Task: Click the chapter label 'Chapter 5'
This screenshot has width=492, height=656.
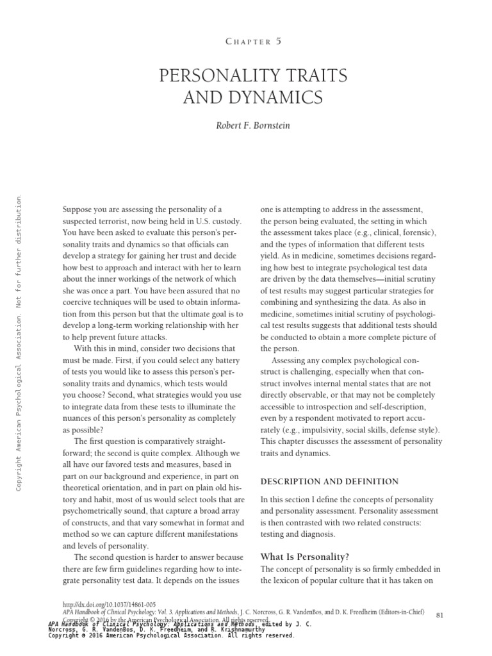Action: (x=254, y=41)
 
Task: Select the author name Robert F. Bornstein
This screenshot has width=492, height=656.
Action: (x=254, y=126)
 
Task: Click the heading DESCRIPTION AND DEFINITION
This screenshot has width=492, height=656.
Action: (x=329, y=481)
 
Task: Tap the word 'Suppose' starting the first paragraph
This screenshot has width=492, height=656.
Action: (x=77, y=209)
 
